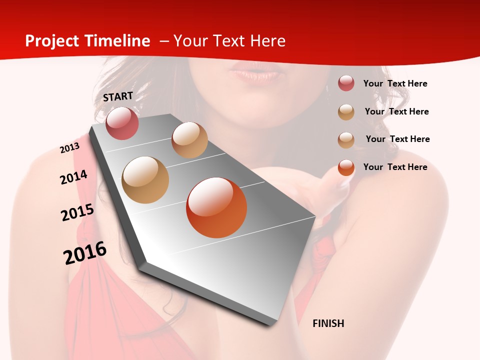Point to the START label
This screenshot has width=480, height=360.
click(118, 96)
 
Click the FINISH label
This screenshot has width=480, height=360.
click(328, 323)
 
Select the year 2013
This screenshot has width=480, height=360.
click(69, 148)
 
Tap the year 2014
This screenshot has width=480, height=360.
click(73, 177)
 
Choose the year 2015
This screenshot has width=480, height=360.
click(77, 212)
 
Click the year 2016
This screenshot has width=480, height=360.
click(85, 253)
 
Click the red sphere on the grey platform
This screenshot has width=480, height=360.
click(122, 123)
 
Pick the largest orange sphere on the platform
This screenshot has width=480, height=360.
click(216, 207)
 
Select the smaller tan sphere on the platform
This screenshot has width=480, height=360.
click(189, 140)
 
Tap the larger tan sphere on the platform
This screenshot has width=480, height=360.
click(145, 180)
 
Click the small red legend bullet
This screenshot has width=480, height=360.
click(346, 83)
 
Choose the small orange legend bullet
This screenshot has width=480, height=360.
click(346, 167)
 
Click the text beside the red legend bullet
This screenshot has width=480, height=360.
click(395, 84)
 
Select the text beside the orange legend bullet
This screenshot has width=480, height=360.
click(395, 167)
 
